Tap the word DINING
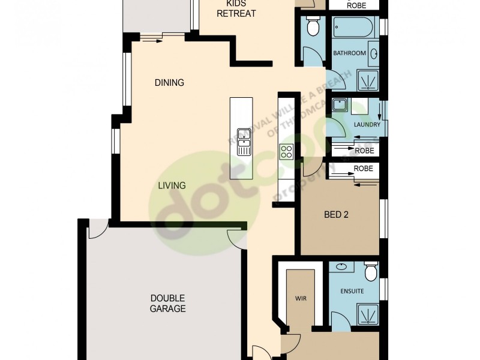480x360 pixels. tap(169, 83)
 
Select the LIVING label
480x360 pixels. tap(172, 185)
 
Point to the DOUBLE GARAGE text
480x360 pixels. tap(167, 304)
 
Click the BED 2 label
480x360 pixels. tap(336, 215)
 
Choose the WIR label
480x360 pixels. tap(301, 298)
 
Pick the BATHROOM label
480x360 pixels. tap(349, 53)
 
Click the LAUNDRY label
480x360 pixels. tap(367, 125)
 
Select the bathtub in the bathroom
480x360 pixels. tap(353, 28)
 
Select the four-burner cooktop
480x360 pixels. tap(286, 152)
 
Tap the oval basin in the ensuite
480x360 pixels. tap(341, 266)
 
